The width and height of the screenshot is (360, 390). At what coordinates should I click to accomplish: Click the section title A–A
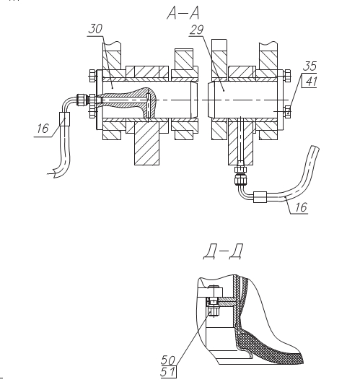click(x=183, y=13)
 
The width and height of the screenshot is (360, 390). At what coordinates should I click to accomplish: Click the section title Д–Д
click(x=223, y=252)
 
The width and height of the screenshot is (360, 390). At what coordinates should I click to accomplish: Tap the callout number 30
click(x=95, y=29)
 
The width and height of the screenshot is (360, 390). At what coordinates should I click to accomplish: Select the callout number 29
click(x=197, y=30)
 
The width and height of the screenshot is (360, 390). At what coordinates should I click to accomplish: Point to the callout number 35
click(x=309, y=66)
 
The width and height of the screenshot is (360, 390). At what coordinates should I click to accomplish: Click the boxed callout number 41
click(x=310, y=81)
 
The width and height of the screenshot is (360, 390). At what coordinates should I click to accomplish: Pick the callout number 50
click(x=168, y=360)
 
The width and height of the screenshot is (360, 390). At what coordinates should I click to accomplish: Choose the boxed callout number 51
click(x=168, y=372)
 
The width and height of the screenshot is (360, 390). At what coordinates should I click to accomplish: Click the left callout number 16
click(x=43, y=129)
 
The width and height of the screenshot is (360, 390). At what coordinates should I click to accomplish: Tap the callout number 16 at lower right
click(x=302, y=207)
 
